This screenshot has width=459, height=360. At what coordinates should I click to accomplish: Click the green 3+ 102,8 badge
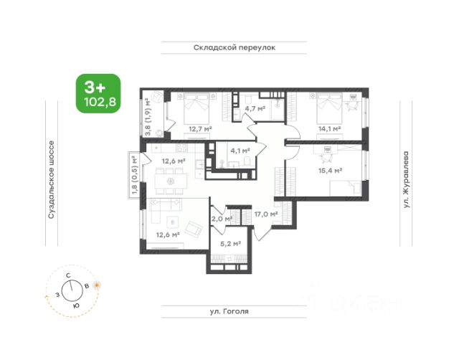pyautogui.click(x=98, y=93)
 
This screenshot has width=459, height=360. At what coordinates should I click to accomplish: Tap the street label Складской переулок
pyautogui.click(x=235, y=47)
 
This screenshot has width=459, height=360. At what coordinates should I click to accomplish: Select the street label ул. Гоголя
pyautogui.click(x=229, y=311)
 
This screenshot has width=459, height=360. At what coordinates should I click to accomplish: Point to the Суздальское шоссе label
pyautogui.click(x=51, y=180)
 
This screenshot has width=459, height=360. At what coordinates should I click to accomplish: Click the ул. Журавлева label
pyautogui.click(x=406, y=179)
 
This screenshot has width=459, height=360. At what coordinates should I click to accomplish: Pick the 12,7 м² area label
pyautogui.click(x=200, y=128)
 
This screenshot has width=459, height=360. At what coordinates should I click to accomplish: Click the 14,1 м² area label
pyautogui.click(x=330, y=128)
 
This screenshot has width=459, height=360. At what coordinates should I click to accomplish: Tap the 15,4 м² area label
pyautogui.click(x=331, y=171)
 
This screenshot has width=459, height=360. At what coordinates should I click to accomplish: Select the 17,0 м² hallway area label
pyautogui.click(x=266, y=214)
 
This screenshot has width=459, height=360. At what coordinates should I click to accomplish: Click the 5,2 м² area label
pyautogui.click(x=230, y=244)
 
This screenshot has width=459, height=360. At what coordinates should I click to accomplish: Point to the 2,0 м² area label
pyautogui.click(x=222, y=219)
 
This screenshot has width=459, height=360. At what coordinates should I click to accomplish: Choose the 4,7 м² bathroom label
pyautogui.click(x=255, y=108)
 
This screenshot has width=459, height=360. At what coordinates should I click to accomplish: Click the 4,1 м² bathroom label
pyautogui.click(x=240, y=151)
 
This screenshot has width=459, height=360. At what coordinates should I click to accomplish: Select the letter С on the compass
pyautogui.click(x=68, y=275)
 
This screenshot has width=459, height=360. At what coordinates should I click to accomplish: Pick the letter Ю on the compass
pyautogui.click(x=76, y=305)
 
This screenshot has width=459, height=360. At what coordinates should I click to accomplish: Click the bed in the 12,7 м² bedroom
pyautogui.click(x=197, y=109)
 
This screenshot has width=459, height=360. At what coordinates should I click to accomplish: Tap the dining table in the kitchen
pyautogui.click(x=171, y=181)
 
